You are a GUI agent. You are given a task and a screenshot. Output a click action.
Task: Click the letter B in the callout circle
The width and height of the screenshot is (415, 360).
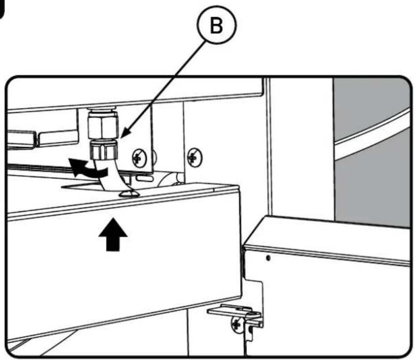coord(216,26)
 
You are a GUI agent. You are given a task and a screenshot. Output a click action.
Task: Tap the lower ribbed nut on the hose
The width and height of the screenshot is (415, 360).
coord(104,149)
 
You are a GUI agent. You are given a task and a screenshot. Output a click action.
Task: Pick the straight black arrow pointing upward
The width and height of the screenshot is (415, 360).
coord(113,234)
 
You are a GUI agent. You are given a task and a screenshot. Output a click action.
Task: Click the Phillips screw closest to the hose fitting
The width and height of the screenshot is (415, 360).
coord(139,158)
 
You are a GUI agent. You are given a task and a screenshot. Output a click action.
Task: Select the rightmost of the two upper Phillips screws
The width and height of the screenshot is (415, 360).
coord(194,157)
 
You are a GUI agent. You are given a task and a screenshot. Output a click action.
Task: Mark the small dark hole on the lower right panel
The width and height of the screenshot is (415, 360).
coord(268,257)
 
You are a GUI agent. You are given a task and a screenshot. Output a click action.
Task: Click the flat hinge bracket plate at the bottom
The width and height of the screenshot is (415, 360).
coord(234,311)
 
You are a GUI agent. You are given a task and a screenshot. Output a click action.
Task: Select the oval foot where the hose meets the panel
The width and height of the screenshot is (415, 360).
coord(129,194)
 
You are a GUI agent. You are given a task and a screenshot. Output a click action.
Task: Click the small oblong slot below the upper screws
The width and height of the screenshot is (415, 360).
coord(145,178)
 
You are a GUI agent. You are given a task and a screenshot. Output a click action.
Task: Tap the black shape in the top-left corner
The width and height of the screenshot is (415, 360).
coord(2,10)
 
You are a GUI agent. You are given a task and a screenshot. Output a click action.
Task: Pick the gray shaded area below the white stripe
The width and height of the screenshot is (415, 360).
coord(373,185)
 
